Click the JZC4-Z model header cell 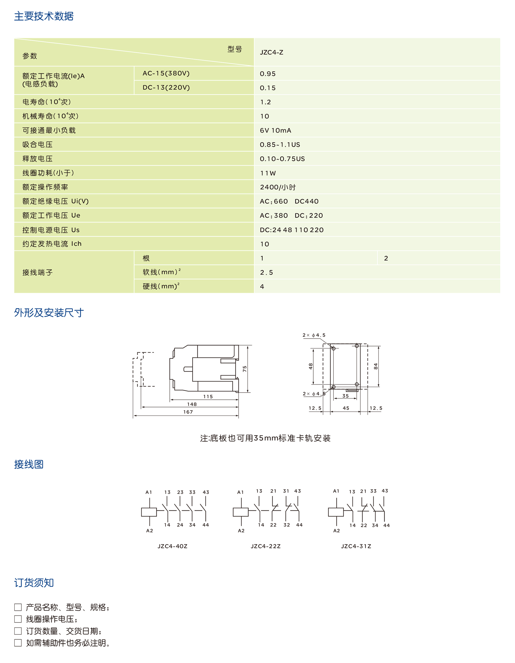tap(271, 52)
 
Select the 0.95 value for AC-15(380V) tap(268, 74)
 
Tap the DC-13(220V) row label tap(166, 87)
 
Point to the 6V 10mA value tap(275, 131)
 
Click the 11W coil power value tap(268, 173)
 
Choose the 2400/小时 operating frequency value tap(278, 187)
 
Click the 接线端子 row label tap(38, 272)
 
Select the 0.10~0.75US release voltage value tap(282, 159)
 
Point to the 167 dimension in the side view tap(188, 412)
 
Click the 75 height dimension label tap(245, 369)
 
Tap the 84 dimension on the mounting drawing tap(376, 367)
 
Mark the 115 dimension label tap(208, 396)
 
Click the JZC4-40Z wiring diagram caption tap(172, 546)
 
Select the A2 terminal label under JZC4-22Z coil tap(241, 531)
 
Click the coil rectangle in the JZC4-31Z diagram tap(336, 512)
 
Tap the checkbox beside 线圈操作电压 tap(18, 619)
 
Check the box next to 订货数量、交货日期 tap(18, 631)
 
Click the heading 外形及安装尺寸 tap(49, 313)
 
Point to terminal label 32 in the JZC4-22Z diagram tap(287, 525)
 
